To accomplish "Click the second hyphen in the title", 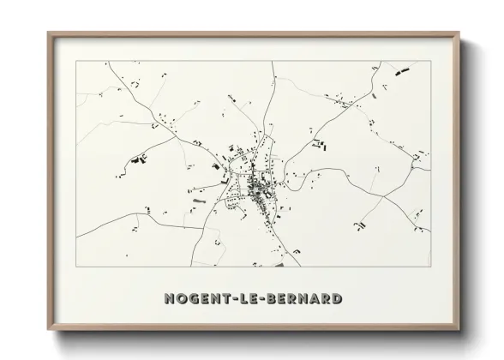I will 269,298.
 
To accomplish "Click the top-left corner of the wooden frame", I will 47,33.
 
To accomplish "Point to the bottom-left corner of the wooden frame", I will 47,329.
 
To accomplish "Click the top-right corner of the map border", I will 429,62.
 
